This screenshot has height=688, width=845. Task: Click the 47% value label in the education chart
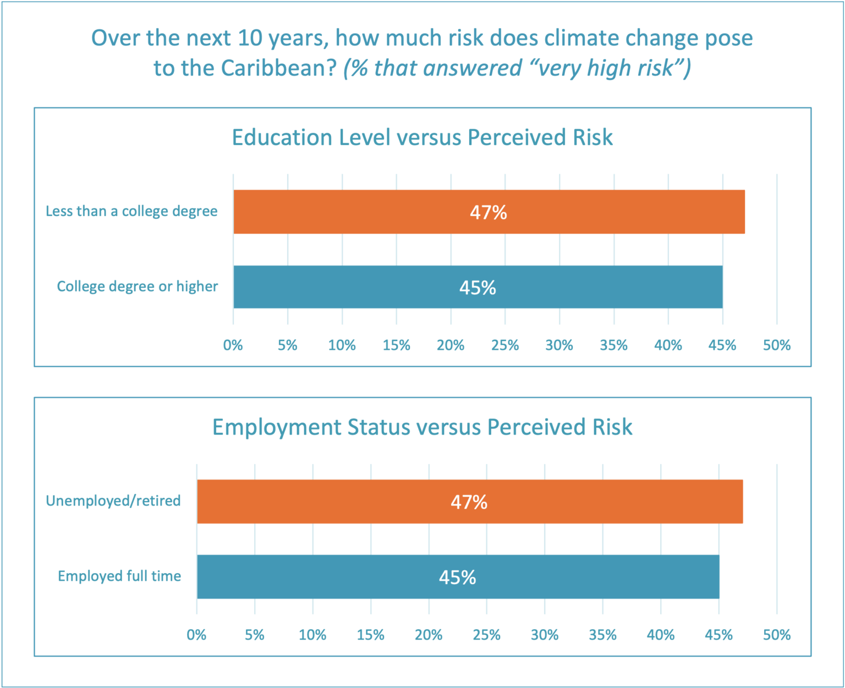click(x=488, y=212)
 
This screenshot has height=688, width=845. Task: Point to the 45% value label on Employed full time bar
click(x=457, y=577)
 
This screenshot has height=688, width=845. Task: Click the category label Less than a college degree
click(x=131, y=211)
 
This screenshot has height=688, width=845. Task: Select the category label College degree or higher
click(x=137, y=287)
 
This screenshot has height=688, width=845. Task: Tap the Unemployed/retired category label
click(x=113, y=501)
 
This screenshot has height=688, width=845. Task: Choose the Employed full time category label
click(x=119, y=576)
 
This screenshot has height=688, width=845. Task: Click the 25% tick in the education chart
click(x=505, y=345)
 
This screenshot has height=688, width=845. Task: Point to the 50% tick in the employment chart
click(x=777, y=635)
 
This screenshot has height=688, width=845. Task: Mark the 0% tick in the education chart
click(x=233, y=345)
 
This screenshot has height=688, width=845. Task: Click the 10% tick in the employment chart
click(x=312, y=635)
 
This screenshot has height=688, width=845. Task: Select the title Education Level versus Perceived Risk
click(x=422, y=137)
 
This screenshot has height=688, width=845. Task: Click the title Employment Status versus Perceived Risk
click(x=422, y=427)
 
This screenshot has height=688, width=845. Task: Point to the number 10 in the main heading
click(x=249, y=38)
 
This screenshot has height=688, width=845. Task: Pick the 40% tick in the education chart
click(x=668, y=345)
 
